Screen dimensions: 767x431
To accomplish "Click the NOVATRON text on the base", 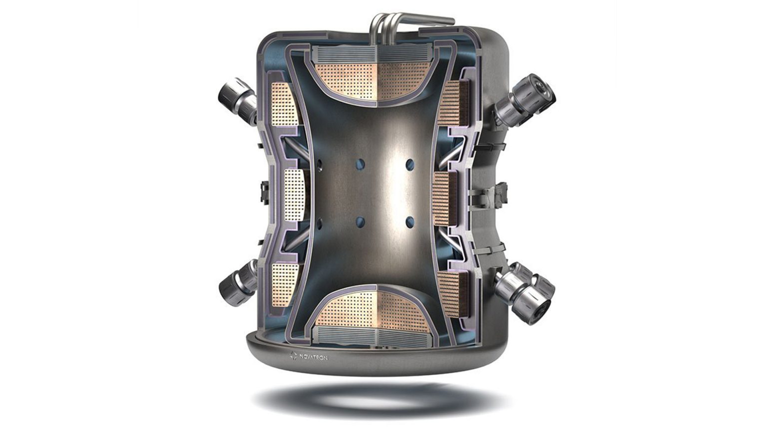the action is (x=313, y=358).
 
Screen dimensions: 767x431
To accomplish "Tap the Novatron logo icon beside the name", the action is (x=293, y=356).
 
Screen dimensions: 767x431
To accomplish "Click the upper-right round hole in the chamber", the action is (x=410, y=165).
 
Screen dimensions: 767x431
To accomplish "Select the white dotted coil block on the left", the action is (x=294, y=195).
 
